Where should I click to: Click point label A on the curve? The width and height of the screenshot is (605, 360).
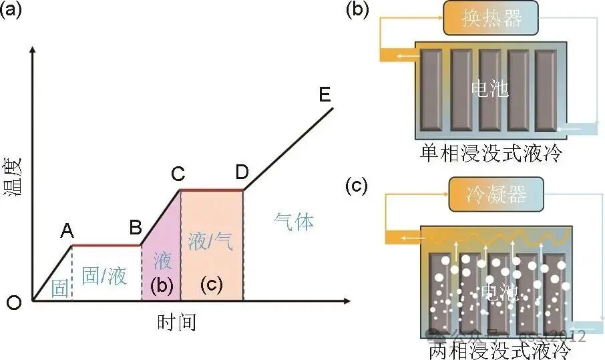pos(67,231)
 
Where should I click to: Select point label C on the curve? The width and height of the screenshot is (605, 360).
pos(178,174)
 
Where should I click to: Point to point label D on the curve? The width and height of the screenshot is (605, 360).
pos(242,173)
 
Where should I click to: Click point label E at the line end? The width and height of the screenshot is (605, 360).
pos(325,95)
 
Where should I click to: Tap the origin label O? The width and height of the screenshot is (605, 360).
pos(13,303)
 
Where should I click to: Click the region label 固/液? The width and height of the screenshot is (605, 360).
pos(104,275)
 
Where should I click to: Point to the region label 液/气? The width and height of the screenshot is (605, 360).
pos(210,242)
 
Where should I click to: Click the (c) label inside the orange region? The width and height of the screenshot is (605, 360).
pos(212,285)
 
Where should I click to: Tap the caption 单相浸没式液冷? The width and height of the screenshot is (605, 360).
pos(491,154)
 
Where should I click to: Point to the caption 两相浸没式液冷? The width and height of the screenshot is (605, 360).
pos(499,350)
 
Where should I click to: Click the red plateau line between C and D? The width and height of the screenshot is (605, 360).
pos(211,190)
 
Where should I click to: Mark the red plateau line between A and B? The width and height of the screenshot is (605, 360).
pos(106,245)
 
